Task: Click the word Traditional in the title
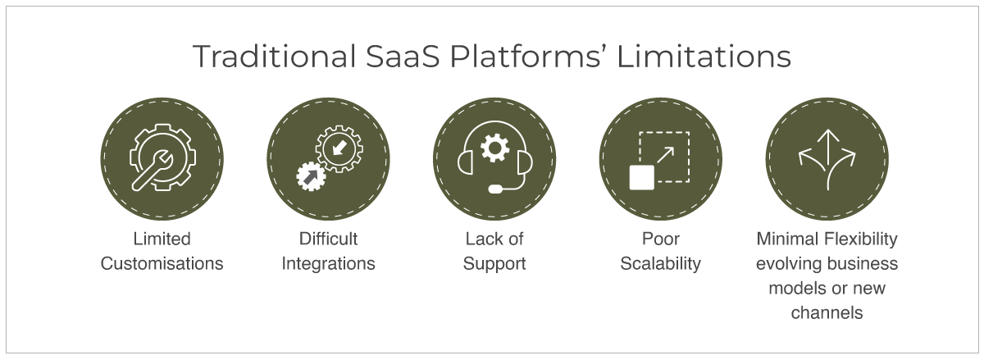[x=275, y=57]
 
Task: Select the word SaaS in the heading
[x=403, y=57]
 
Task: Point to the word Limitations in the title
[x=704, y=57]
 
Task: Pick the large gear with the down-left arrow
[x=339, y=148]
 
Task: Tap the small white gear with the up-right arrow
[x=311, y=176]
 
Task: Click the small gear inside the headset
[x=494, y=148]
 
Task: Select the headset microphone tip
[x=496, y=189]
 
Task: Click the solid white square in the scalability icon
[x=642, y=178]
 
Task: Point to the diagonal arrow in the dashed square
[x=666, y=155]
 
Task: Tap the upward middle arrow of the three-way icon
[x=827, y=159]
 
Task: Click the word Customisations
[x=162, y=264]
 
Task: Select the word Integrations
[x=328, y=264]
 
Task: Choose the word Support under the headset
[x=494, y=264]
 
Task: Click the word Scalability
[x=660, y=264]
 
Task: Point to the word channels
[x=827, y=313]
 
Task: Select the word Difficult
[x=328, y=239]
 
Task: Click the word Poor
[x=660, y=239]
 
